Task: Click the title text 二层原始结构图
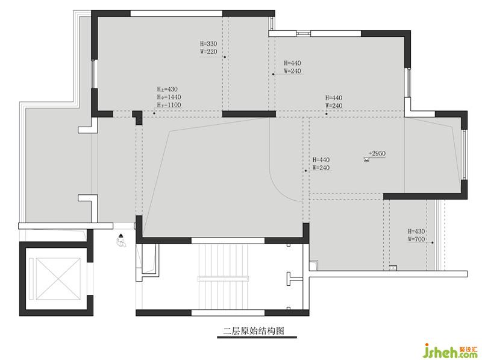click(x=254, y=331)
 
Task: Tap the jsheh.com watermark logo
click(x=451, y=351)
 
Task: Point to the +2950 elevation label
click(x=377, y=153)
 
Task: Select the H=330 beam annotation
click(x=208, y=43)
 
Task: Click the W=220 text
click(x=208, y=52)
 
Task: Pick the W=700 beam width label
click(x=416, y=239)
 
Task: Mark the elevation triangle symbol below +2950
click(x=366, y=159)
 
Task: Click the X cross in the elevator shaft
click(x=58, y=279)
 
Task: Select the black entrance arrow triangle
click(x=121, y=236)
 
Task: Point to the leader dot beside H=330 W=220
click(x=225, y=57)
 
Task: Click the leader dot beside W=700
click(x=433, y=243)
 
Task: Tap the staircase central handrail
click(x=223, y=279)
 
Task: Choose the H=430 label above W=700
click(x=416, y=231)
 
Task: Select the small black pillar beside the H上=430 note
click(x=137, y=118)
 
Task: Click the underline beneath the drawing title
click(x=257, y=337)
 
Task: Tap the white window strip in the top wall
click(x=177, y=13)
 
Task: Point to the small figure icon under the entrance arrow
click(x=121, y=242)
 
